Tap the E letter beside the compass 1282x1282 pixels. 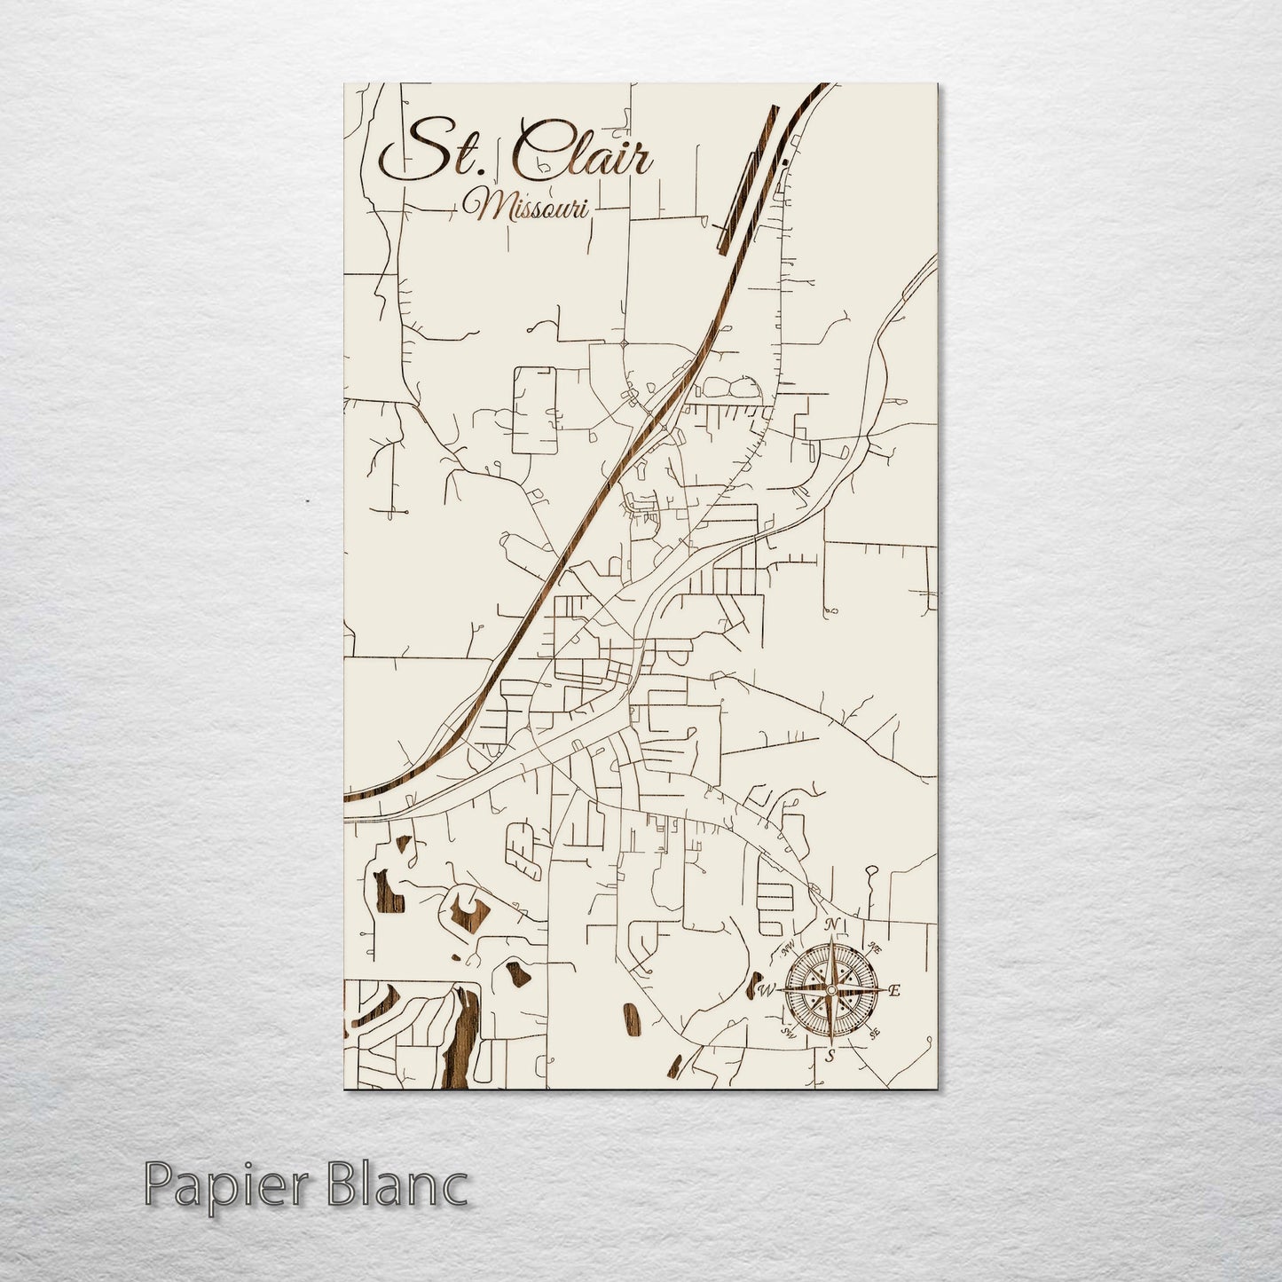(x=894, y=990)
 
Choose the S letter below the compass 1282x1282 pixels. (x=830, y=1056)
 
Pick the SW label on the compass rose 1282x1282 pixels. (x=786, y=1032)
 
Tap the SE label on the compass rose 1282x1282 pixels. (x=875, y=1033)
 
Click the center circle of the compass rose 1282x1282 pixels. (x=831, y=990)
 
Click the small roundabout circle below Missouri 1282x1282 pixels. (x=625, y=342)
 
